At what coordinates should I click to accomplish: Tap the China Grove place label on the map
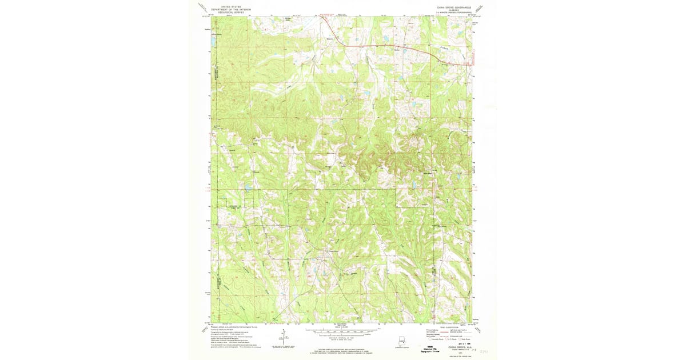[x=333, y=252]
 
